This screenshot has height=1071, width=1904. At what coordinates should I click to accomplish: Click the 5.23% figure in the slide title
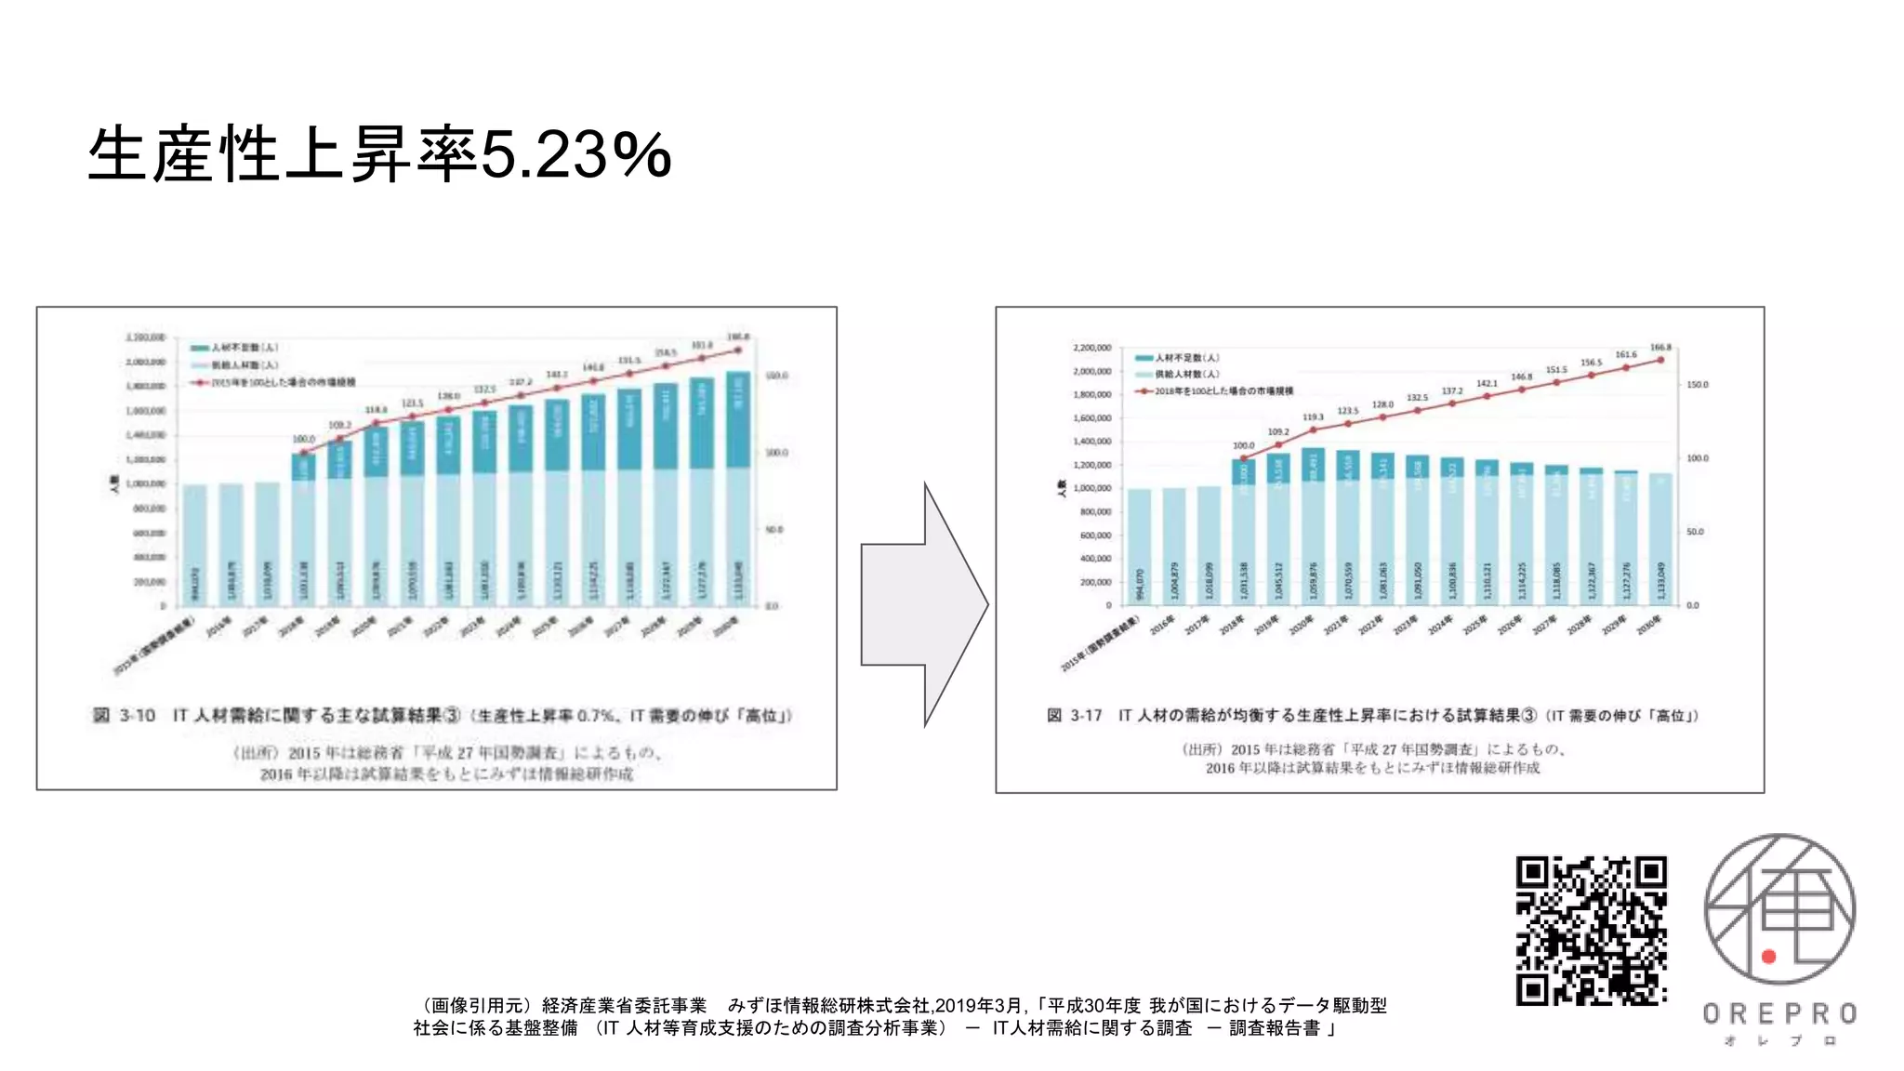[575, 154]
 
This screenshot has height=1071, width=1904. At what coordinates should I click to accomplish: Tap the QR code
[1591, 931]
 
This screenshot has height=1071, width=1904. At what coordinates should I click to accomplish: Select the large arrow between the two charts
[923, 604]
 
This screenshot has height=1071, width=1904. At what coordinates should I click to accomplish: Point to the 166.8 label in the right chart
[1660, 348]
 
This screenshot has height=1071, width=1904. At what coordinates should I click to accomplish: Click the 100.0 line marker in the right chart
[1244, 458]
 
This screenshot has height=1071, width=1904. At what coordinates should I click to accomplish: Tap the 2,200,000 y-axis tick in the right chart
[1091, 348]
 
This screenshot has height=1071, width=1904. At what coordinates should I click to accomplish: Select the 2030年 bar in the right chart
[1660, 539]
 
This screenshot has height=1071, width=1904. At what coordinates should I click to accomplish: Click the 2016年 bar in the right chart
[1174, 546]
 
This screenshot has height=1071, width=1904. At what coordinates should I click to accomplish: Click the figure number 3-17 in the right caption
[1085, 715]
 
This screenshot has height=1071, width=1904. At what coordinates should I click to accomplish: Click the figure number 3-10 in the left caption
[137, 715]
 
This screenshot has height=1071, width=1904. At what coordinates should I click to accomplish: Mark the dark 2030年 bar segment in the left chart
[738, 419]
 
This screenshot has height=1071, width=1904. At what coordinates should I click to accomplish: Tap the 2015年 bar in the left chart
[194, 545]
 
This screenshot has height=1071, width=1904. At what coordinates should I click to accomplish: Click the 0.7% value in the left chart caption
[595, 716]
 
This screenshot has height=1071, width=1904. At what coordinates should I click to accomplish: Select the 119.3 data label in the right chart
[1313, 417]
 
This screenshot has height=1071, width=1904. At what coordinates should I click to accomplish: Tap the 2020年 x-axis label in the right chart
[1302, 626]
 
